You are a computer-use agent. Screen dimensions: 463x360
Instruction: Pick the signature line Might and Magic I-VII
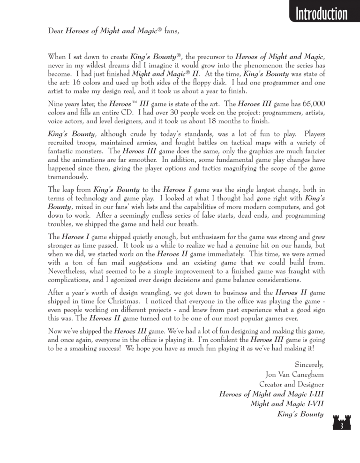point(287,403)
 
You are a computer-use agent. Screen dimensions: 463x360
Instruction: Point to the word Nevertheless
point(71,272)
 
